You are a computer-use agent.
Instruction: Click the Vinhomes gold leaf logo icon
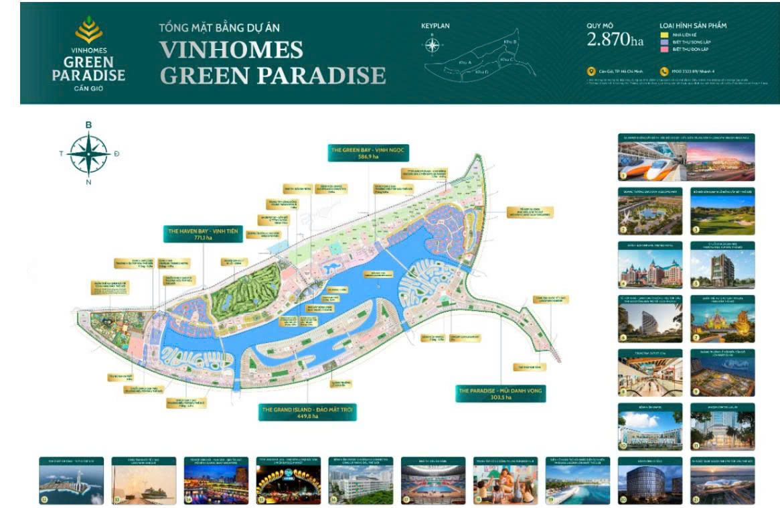(x=88, y=30)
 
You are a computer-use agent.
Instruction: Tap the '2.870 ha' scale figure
(x=615, y=40)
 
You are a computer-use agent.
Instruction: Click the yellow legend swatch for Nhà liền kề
(x=665, y=34)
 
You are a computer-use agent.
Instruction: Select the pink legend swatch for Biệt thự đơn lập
(x=665, y=49)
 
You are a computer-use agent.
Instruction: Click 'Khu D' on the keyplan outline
(x=481, y=70)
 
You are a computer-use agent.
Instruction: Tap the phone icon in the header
(x=664, y=71)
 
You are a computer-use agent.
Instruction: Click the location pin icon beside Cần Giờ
(x=591, y=71)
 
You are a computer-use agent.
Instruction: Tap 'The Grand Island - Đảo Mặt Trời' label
(x=307, y=410)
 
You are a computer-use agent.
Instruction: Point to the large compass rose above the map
(x=88, y=153)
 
